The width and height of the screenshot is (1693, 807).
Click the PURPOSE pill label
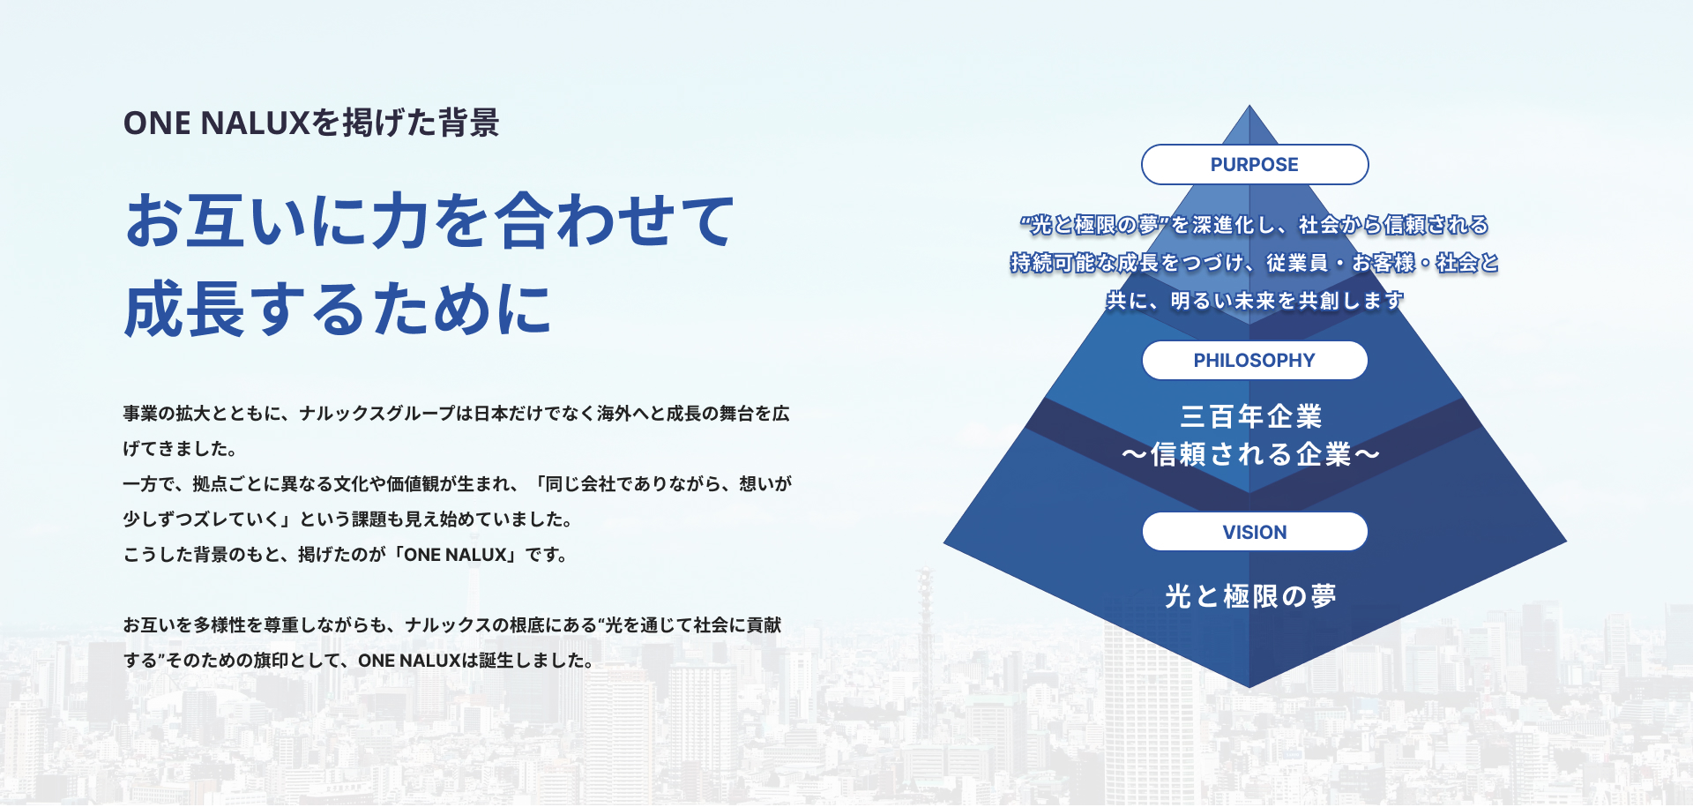(x=1255, y=165)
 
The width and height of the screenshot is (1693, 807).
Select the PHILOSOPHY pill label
(x=1255, y=361)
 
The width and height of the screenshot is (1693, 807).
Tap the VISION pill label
(x=1255, y=532)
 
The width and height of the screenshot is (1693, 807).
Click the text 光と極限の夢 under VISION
(x=1250, y=596)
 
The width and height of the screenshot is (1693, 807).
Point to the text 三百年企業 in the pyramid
(x=1251, y=416)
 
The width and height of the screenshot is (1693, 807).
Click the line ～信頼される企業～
(x=1250, y=454)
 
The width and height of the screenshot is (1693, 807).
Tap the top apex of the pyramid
(x=1249, y=105)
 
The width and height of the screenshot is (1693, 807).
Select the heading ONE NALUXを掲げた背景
(x=311, y=123)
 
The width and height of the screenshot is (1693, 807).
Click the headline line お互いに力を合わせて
(x=429, y=220)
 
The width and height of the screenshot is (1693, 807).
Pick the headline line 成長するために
(x=338, y=310)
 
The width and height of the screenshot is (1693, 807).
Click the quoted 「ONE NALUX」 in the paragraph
(x=455, y=555)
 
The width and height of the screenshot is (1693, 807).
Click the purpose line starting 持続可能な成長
(x=1255, y=263)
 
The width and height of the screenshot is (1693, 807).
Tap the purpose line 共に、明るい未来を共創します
(x=1255, y=301)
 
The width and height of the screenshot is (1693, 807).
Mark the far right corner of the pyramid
(x=1567, y=542)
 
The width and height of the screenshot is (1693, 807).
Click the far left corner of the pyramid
(x=943, y=542)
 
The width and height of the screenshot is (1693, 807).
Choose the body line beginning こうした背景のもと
(x=346, y=555)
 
